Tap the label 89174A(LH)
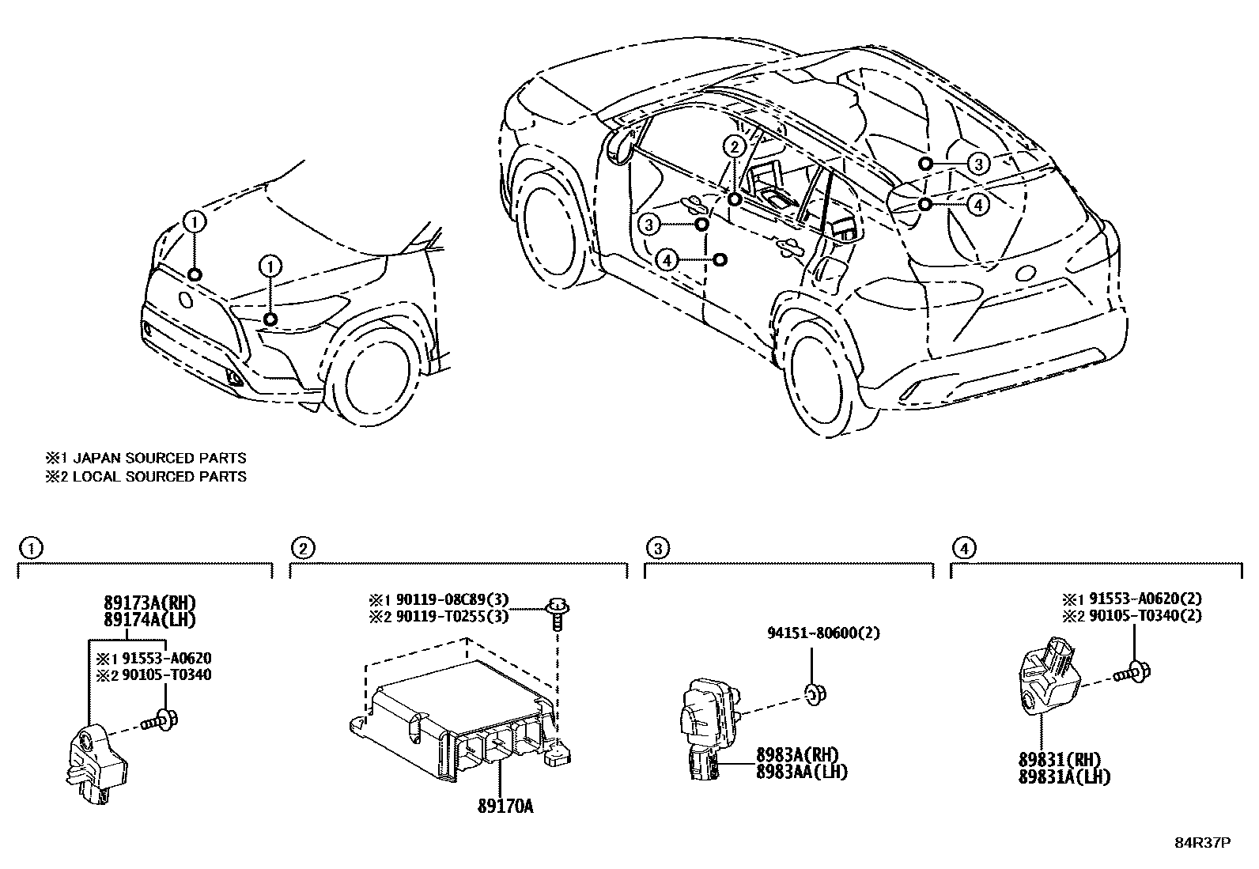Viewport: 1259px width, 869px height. (148, 619)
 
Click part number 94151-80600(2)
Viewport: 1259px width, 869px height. (823, 633)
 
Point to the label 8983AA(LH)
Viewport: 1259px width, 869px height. (801, 772)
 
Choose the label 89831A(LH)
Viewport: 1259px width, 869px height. (1064, 776)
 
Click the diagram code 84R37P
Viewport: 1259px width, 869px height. (1202, 843)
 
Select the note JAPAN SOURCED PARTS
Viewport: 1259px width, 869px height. (158, 458)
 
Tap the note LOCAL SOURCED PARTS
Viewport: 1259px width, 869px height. (158, 476)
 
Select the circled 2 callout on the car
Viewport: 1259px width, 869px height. (735, 146)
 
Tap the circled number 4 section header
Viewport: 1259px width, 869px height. (962, 547)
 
